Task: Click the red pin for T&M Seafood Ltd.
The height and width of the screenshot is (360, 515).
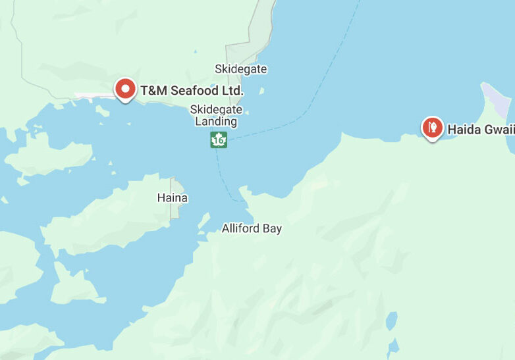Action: (x=125, y=89)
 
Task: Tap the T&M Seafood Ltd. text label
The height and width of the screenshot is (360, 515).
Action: (x=192, y=90)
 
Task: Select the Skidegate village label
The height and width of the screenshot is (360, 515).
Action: (x=241, y=69)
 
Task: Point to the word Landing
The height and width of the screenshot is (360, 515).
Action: (x=216, y=121)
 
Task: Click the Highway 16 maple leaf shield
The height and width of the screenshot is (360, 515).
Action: (x=219, y=140)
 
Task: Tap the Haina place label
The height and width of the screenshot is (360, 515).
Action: (x=172, y=197)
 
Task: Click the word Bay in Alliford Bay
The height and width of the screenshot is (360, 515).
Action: (x=272, y=229)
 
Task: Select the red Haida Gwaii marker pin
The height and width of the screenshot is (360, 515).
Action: (x=432, y=128)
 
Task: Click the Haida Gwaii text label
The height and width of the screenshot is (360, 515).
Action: (x=480, y=129)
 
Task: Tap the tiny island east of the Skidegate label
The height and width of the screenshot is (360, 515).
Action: (x=262, y=91)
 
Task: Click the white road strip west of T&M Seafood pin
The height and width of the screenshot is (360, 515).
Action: (x=92, y=96)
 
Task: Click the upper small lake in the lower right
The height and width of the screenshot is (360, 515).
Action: (x=393, y=321)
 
